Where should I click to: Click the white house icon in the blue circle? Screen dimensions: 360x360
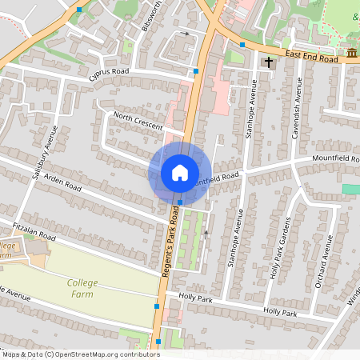180,173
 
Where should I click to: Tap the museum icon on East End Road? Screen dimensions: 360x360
352,53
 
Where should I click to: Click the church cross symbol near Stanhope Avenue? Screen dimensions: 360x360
269,62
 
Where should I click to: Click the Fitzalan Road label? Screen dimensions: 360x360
30,232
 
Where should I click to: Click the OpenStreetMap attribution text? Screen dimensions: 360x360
80,354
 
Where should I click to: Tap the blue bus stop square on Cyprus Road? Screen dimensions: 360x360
196,72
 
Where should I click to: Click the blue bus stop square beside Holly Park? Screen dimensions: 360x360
157,306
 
